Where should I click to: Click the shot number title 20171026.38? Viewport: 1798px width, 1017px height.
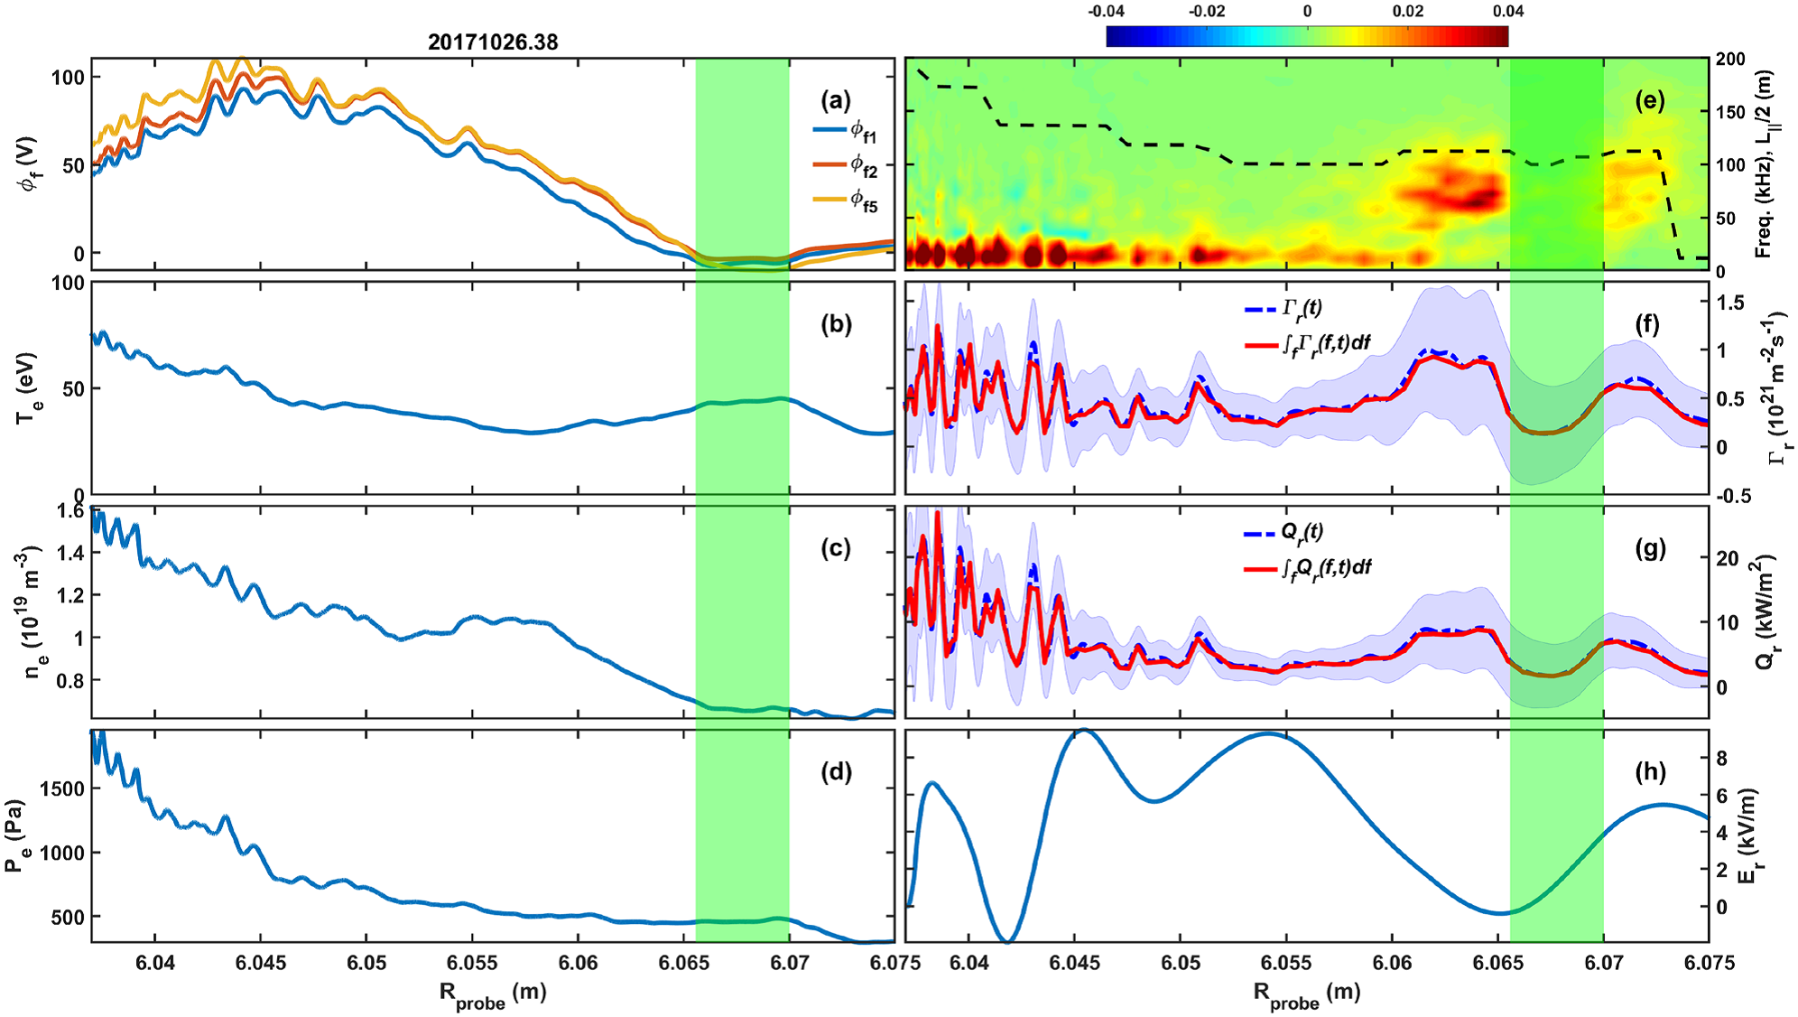coord(493,42)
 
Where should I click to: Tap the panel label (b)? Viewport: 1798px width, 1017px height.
coord(836,324)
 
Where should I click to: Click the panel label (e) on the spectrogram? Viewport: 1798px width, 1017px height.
coord(1649,100)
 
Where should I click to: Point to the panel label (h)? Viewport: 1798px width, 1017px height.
coord(1650,771)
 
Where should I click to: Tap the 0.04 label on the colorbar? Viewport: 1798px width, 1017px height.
coord(1507,12)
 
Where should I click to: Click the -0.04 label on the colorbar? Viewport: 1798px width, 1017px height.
coord(1106,12)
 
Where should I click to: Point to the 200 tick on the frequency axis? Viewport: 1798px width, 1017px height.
coord(1730,60)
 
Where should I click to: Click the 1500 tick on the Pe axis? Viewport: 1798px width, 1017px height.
coord(63,788)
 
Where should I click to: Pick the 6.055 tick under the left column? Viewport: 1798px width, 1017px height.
coord(472,963)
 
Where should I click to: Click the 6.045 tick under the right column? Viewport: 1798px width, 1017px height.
coord(1075,963)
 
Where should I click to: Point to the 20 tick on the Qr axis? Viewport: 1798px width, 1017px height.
coord(1727,558)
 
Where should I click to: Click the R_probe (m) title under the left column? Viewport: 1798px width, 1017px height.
coord(493,994)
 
